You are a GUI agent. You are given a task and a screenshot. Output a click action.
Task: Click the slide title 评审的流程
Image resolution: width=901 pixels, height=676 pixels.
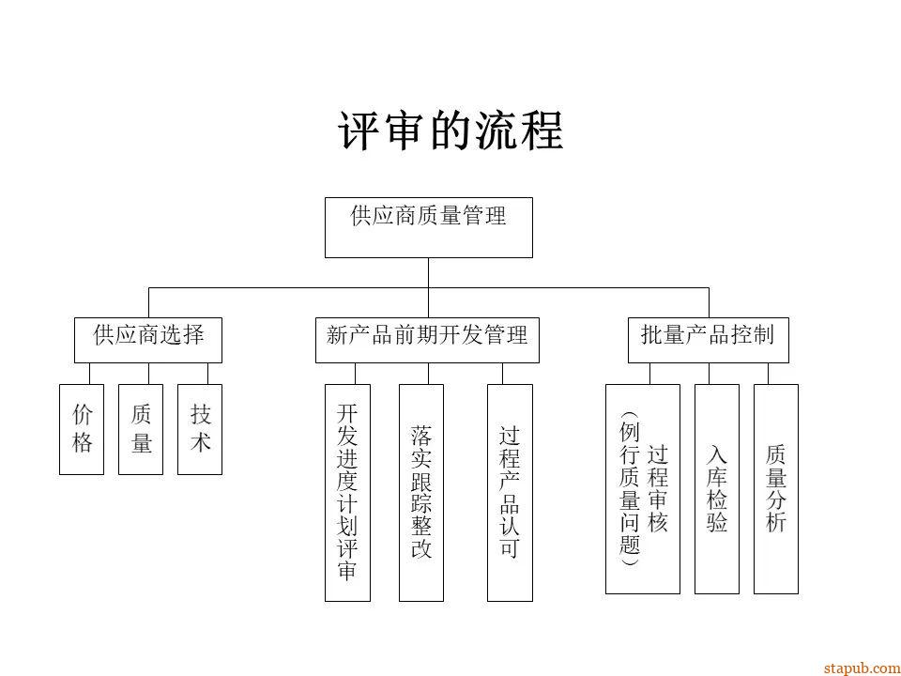pyautogui.click(x=450, y=131)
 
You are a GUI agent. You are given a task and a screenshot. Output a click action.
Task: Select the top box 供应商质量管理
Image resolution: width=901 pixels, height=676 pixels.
pyautogui.click(x=429, y=227)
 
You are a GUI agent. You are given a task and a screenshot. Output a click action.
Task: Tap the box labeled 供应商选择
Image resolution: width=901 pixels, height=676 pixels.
pyautogui.click(x=148, y=340)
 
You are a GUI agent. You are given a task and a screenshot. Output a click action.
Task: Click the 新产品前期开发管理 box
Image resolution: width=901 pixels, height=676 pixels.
pyautogui.click(x=427, y=340)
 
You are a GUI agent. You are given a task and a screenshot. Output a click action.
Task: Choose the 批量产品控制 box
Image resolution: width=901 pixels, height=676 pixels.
pyautogui.click(x=708, y=340)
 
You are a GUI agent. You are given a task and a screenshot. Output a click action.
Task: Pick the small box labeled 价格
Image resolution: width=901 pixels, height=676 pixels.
pyautogui.click(x=82, y=429)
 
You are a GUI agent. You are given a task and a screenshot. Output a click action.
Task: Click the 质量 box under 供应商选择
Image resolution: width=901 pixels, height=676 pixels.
pyautogui.click(x=141, y=429)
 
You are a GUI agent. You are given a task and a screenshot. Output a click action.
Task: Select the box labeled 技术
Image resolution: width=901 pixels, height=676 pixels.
pyautogui.click(x=200, y=429)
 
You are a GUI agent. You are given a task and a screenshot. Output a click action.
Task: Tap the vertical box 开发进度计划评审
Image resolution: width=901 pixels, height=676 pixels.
pyautogui.click(x=347, y=492)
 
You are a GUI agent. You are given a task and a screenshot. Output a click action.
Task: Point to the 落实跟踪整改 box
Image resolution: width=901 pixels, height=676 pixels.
pyautogui.click(x=421, y=492)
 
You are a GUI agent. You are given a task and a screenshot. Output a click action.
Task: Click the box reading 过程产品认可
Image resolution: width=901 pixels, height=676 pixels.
pyautogui.click(x=510, y=492)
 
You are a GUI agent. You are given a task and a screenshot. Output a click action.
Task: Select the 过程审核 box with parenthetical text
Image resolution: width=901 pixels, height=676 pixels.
pyautogui.click(x=643, y=489)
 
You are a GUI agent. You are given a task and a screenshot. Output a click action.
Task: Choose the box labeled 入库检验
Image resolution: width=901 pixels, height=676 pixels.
pyautogui.click(x=717, y=489)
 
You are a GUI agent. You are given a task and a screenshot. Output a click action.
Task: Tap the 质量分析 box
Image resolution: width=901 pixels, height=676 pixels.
pyautogui.click(x=776, y=489)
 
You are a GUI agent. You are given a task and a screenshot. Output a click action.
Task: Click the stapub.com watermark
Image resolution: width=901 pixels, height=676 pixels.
pyautogui.click(x=861, y=668)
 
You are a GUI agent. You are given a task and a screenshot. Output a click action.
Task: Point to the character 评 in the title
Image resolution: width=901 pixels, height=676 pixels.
pyautogui.click(x=360, y=131)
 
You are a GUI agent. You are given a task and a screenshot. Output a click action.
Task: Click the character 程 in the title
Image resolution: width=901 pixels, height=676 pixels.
pyautogui.click(x=541, y=131)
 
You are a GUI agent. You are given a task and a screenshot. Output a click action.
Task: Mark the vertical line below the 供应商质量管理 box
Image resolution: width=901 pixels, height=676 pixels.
pyautogui.click(x=429, y=272)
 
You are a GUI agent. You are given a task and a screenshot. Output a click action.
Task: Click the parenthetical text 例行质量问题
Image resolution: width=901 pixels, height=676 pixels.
pyautogui.click(x=629, y=489)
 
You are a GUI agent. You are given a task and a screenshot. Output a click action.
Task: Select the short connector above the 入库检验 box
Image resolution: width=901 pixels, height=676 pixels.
pyautogui.click(x=717, y=374)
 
